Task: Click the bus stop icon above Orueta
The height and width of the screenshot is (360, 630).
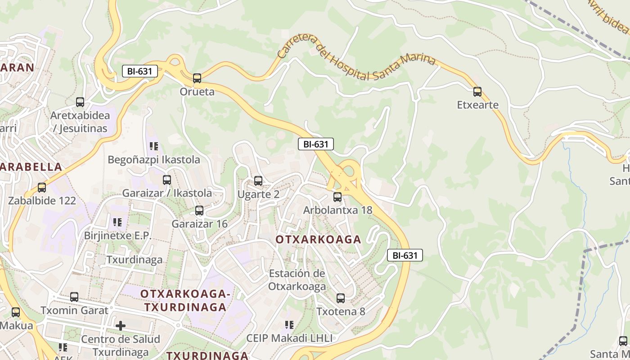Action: coord(197,78)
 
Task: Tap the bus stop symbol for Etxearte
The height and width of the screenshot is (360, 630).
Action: coord(477,92)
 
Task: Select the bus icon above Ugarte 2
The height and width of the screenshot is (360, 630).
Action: coord(258,181)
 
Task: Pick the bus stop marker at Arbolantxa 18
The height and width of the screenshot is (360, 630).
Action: coord(337,197)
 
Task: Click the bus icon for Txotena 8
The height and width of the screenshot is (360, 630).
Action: coord(341,298)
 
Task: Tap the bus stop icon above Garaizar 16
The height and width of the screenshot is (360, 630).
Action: coord(199,210)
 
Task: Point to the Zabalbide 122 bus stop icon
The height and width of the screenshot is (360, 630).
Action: coord(42,187)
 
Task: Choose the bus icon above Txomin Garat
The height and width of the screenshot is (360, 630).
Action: coord(74,297)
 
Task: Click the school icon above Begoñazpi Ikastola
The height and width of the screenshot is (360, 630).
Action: coord(154,146)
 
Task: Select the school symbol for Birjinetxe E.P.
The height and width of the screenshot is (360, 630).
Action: coord(117,222)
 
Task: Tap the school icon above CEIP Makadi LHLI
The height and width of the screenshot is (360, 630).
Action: coord(289,324)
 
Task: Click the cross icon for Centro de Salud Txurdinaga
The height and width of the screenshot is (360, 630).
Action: coord(121,325)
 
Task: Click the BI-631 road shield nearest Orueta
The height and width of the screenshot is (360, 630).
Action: coord(139,71)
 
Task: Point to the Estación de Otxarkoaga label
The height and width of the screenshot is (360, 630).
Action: coord(297,280)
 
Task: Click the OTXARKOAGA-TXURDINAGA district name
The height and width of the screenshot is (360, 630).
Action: coord(185,301)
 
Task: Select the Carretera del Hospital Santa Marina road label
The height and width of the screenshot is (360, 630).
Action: coord(355,61)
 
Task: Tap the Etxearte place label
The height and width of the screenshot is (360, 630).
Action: coord(478,105)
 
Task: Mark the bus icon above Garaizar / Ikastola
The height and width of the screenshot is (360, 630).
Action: coord(167,180)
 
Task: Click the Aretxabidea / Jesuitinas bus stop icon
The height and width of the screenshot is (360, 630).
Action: coord(80,102)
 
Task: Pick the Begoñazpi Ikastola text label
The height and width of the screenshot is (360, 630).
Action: coord(154,160)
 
